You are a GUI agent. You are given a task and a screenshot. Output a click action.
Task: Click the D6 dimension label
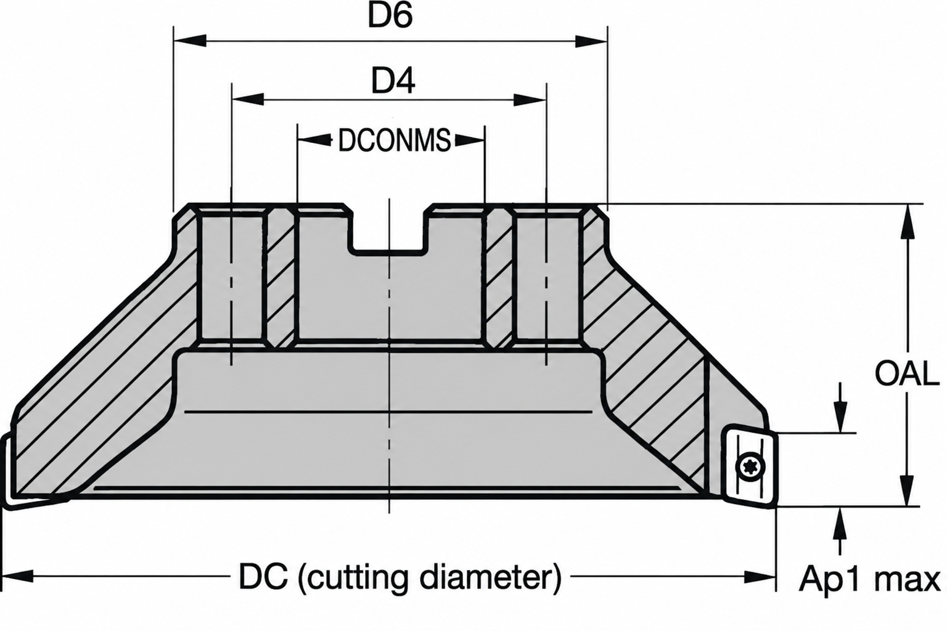click(390, 15)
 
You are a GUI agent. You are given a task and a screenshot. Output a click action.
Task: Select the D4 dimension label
click(393, 81)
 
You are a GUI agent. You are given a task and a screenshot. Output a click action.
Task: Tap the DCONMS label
click(395, 140)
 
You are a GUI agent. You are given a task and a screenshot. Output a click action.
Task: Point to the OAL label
click(906, 373)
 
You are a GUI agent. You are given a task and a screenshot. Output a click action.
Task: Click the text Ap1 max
click(869, 579)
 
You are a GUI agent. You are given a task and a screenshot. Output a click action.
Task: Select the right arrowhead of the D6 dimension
click(591, 41)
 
